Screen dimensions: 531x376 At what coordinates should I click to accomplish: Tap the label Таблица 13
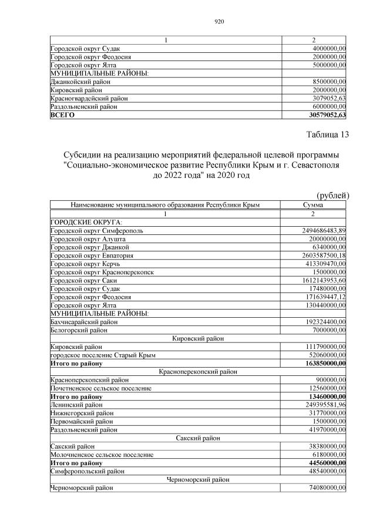[x=328, y=135]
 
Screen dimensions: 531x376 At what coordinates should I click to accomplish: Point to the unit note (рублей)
[x=333, y=195]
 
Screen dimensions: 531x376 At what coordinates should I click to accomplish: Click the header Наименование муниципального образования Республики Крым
[x=165, y=205]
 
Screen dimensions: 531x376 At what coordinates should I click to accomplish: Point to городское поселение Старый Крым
[x=99, y=356]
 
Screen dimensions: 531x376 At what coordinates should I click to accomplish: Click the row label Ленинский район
[x=76, y=405]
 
